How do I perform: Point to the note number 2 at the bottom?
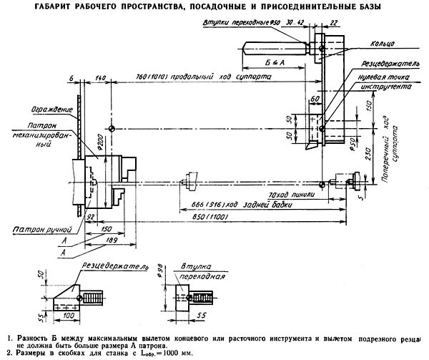(7, 353)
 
